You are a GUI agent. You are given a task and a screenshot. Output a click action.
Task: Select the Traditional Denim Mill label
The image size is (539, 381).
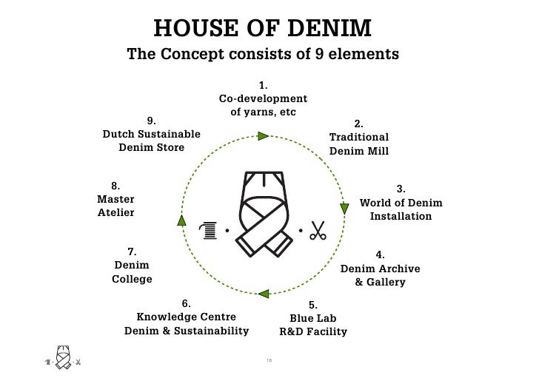tap(359, 144)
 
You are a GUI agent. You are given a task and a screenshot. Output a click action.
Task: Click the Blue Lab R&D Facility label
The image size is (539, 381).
tap(312, 325)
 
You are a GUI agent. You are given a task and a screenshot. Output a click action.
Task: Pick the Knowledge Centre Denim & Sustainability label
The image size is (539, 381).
tap(186, 324)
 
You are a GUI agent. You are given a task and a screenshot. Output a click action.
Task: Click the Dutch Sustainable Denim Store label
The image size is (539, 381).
tap(151, 140)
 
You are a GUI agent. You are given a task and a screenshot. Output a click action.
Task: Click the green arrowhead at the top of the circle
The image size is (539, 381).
tap(263, 135)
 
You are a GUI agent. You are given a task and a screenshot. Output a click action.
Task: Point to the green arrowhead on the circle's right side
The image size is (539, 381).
tap(344, 208)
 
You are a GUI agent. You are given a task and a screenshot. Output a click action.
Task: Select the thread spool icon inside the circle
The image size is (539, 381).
tap(210, 232)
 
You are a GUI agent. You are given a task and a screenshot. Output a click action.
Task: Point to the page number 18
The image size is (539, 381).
tap(269, 360)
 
